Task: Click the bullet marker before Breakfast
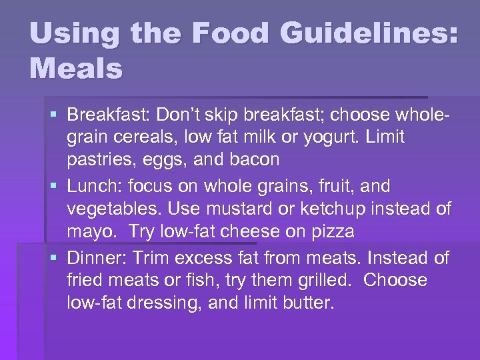(x=55, y=115)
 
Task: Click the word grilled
(x=319, y=281)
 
